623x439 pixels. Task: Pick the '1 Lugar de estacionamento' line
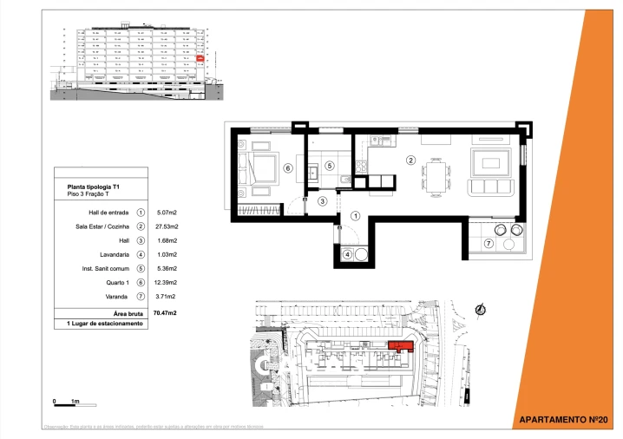click(x=104, y=324)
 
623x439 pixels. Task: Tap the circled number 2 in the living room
click(x=411, y=160)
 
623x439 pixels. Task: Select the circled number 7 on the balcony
click(x=488, y=244)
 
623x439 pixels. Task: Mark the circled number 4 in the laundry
click(x=347, y=255)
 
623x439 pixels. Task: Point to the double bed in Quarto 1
click(x=258, y=166)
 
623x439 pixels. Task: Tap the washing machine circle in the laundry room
click(x=360, y=255)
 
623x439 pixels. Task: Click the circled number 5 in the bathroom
click(x=329, y=165)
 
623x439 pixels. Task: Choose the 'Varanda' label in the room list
click(x=118, y=297)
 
